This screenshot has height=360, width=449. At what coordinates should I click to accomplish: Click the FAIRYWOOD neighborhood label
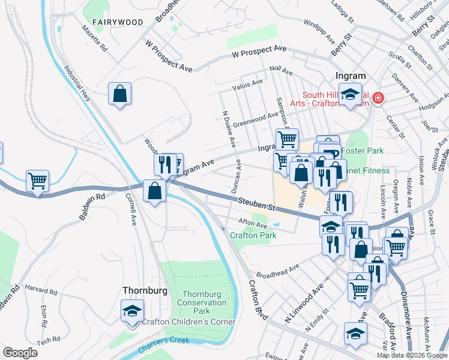[118, 22]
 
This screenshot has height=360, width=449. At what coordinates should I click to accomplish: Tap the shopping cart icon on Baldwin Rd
[37, 180]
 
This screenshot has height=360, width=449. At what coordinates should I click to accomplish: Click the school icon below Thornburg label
[132, 311]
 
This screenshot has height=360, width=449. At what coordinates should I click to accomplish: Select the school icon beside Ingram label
[350, 94]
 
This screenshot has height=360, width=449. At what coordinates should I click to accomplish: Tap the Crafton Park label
[253, 235]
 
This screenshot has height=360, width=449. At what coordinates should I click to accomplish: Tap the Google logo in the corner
[20, 353]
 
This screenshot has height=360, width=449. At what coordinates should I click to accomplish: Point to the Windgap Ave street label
[319, 31]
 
